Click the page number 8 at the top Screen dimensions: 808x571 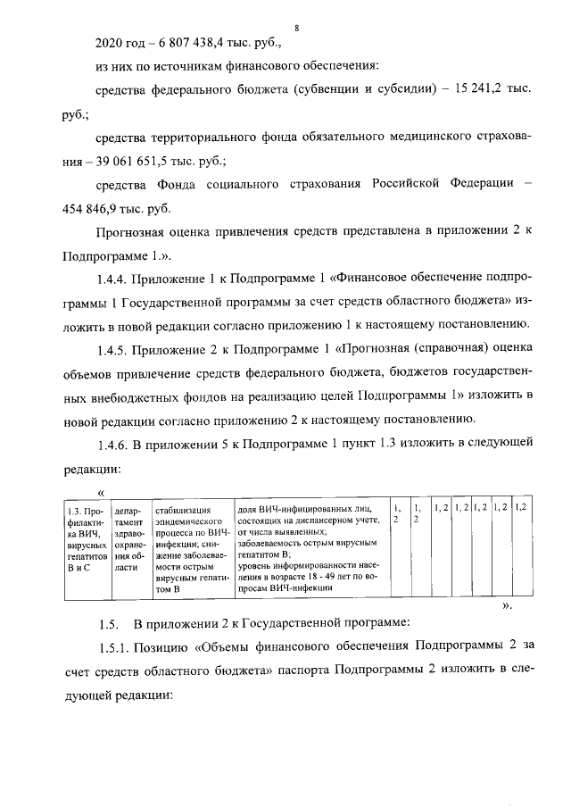(x=295, y=29)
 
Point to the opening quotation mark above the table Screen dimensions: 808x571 (x=102, y=493)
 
